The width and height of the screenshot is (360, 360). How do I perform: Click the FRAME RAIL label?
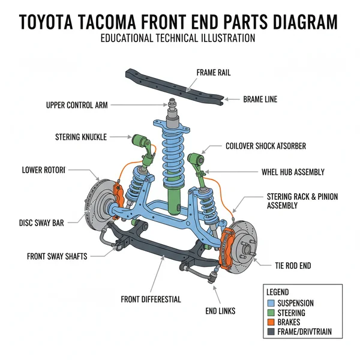213,73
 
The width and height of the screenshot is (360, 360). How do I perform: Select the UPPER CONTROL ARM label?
77,105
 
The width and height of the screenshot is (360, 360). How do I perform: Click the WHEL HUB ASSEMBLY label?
292,172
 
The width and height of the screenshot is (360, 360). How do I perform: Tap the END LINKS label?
220,311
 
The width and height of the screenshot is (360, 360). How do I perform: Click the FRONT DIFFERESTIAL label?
151,299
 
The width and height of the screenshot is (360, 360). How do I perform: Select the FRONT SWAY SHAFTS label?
57,256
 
